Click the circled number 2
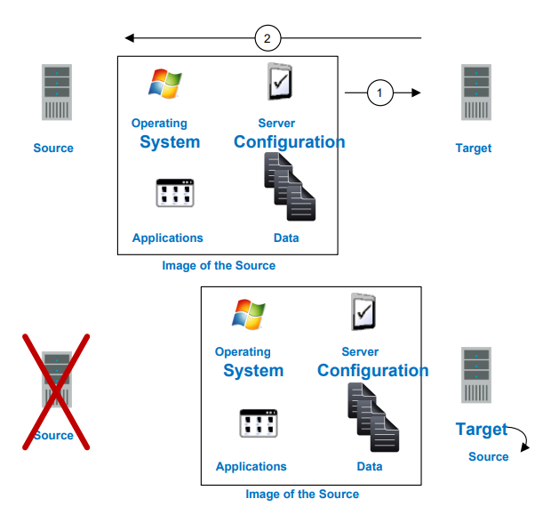(x=268, y=38)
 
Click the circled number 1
(x=380, y=92)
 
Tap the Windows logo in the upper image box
(x=164, y=83)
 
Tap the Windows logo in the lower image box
(x=247, y=313)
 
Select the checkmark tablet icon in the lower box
(x=363, y=311)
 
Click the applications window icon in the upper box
(x=175, y=193)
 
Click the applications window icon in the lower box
(x=259, y=422)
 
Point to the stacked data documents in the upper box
(x=290, y=187)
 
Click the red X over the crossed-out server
(x=55, y=391)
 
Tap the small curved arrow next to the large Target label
(x=521, y=439)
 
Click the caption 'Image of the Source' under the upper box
(x=219, y=266)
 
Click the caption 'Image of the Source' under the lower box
(x=302, y=495)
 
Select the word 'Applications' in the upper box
(x=168, y=237)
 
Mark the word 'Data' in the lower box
(x=370, y=466)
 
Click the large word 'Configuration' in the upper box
(x=290, y=142)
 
